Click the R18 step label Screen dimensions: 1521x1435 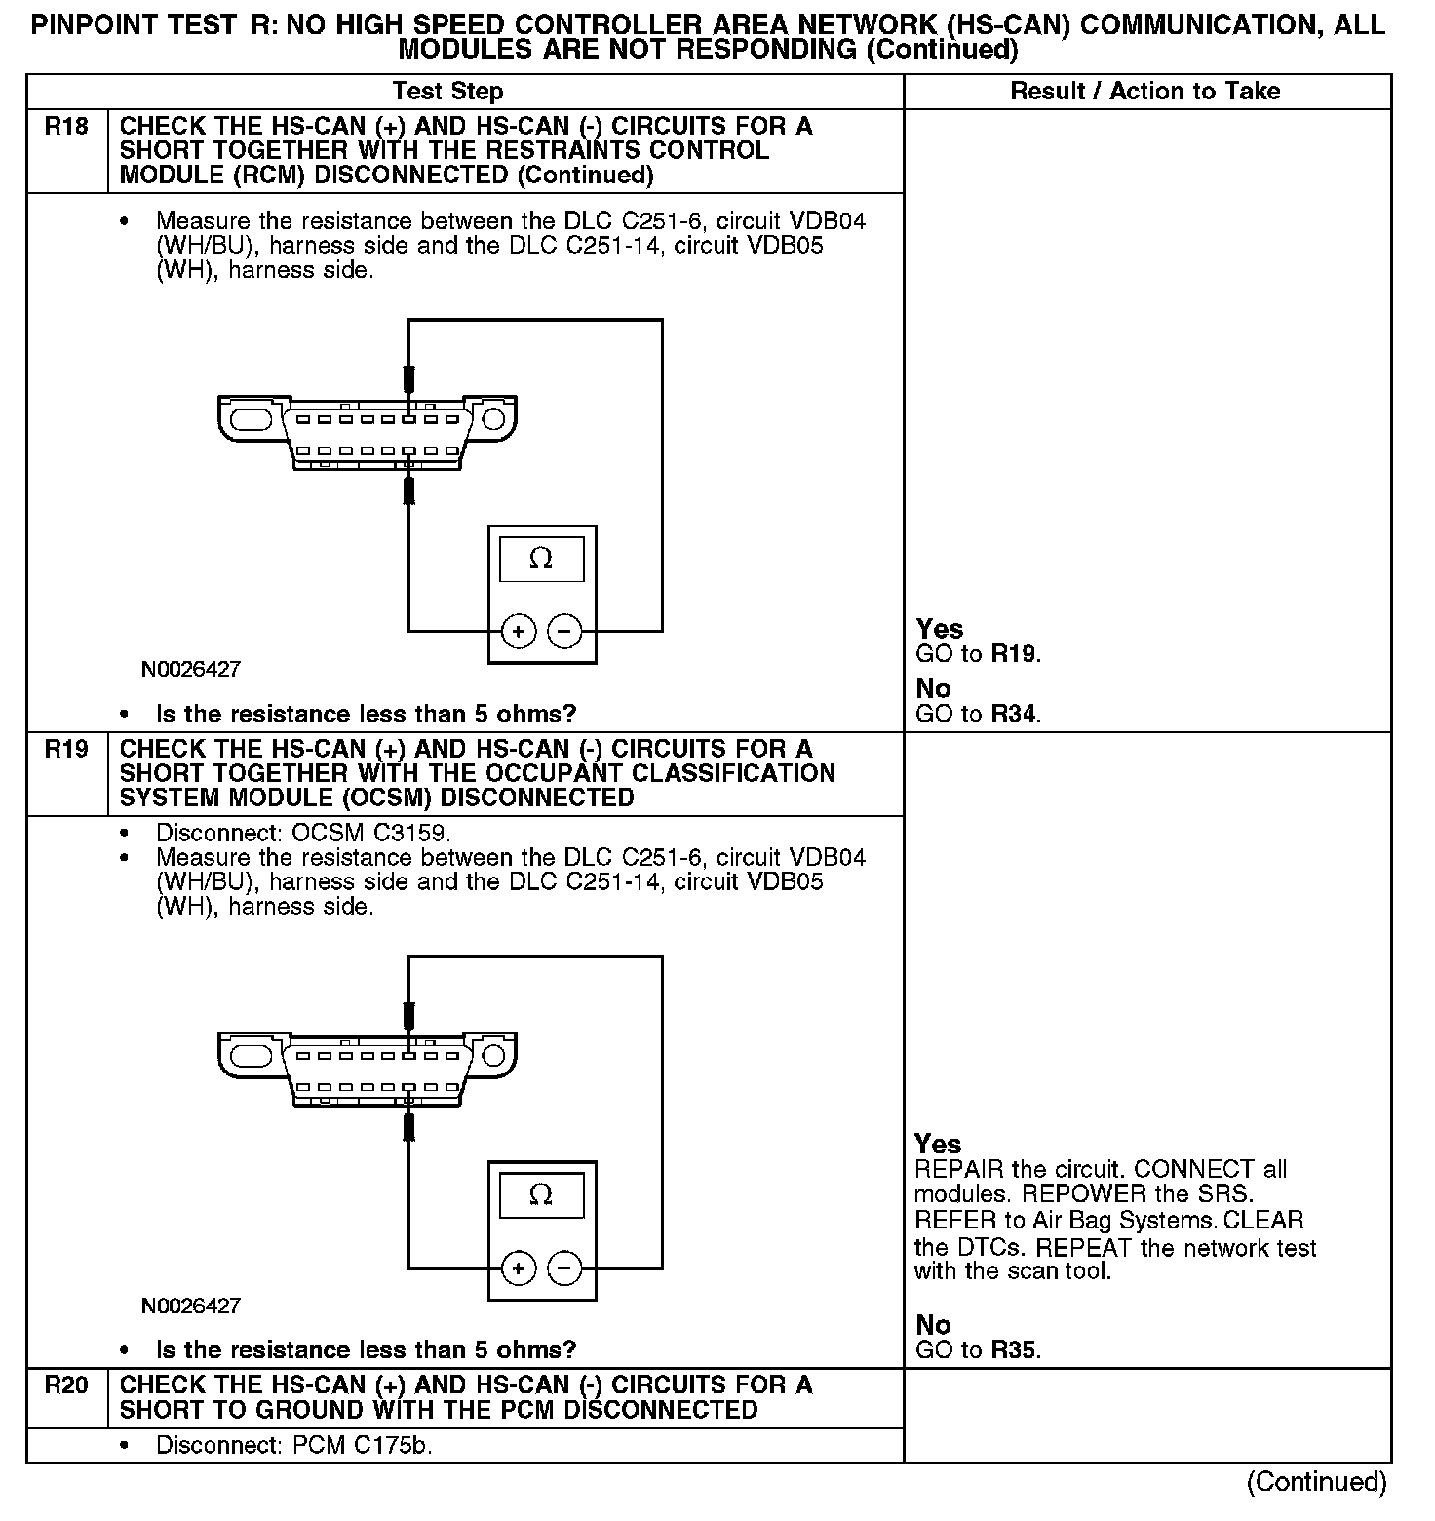coord(66,126)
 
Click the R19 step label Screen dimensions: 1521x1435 coord(66,749)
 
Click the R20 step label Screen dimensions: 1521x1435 coord(66,1384)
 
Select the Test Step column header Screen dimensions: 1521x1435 coord(447,92)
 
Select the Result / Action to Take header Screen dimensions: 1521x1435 coord(1144,92)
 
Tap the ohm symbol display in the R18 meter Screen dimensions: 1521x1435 coord(541,560)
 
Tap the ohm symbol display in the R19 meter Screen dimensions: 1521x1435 coord(541,1194)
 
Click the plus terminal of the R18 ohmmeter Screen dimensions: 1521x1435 coord(518,632)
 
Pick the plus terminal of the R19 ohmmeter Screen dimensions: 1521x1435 coord(518,1268)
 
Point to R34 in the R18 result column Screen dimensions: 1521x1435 coord(1014,715)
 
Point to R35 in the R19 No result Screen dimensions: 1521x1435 coord(1014,1350)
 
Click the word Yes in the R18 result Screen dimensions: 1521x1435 coord(940,629)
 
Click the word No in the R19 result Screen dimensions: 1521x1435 coord(933,1324)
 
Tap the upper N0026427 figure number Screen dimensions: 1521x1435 coord(191,670)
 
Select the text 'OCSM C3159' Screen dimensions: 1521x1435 coord(370,834)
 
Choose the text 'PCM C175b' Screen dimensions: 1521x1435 coord(362,1445)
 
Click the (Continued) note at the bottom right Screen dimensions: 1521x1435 coord(1316,1482)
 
